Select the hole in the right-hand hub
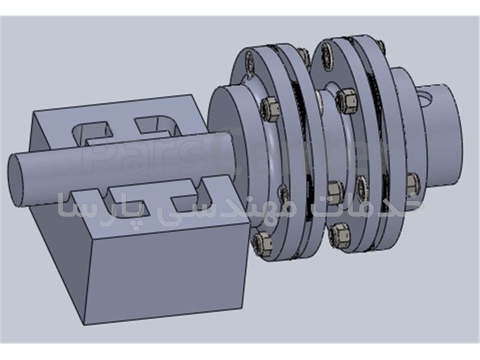[x=427, y=97]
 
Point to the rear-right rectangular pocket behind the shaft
[x=157, y=124]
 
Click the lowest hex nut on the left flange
[x=262, y=243]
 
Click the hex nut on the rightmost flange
[x=412, y=183]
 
